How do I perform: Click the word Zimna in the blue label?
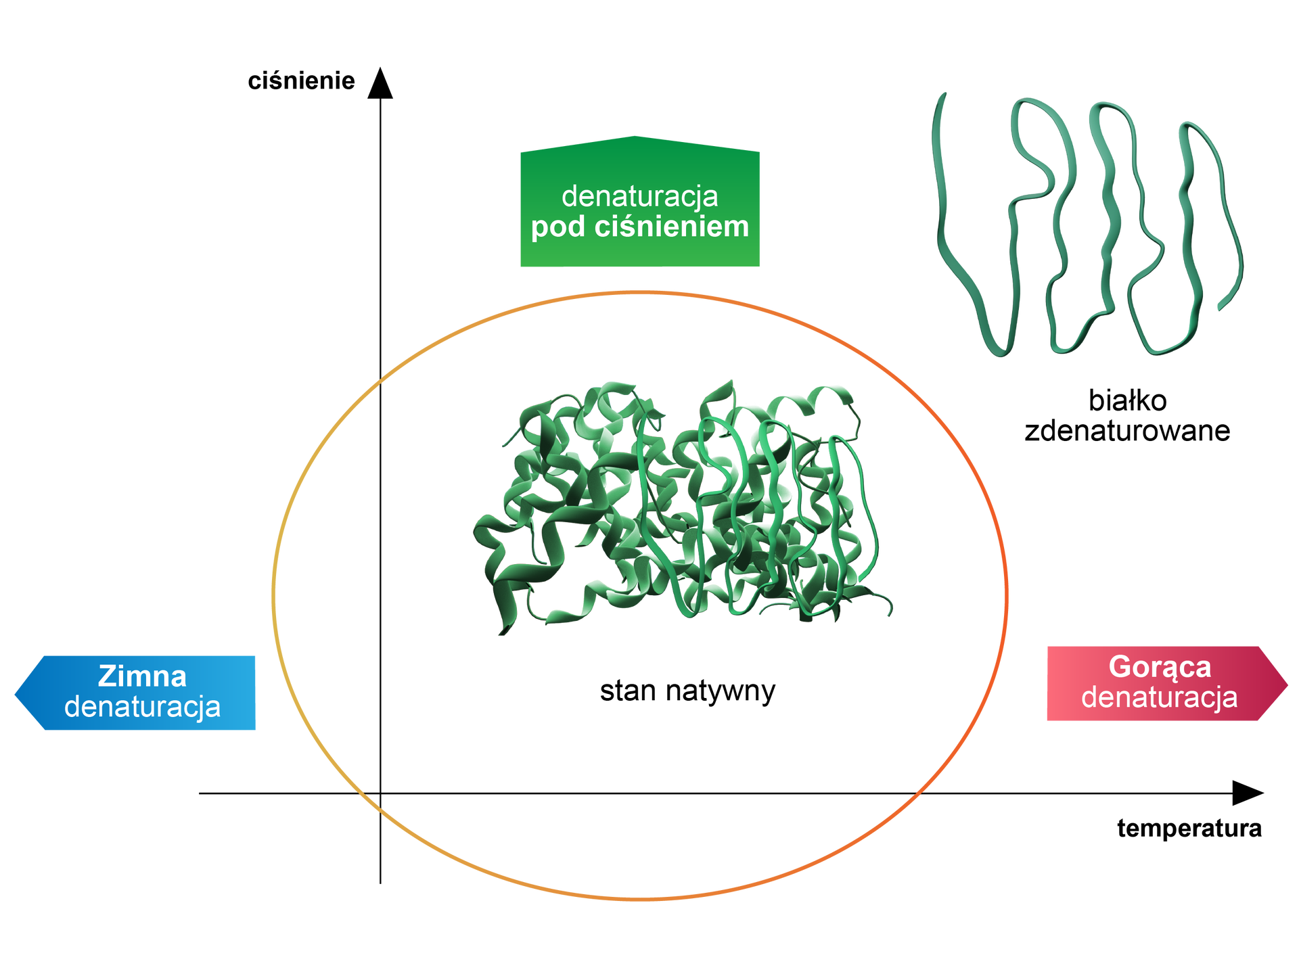point(142,676)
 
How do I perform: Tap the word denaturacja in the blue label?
point(142,707)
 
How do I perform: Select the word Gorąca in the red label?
point(1160,667)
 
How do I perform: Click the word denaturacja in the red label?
point(1159,697)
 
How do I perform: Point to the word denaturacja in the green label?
point(639,196)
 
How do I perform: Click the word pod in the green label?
point(557,227)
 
